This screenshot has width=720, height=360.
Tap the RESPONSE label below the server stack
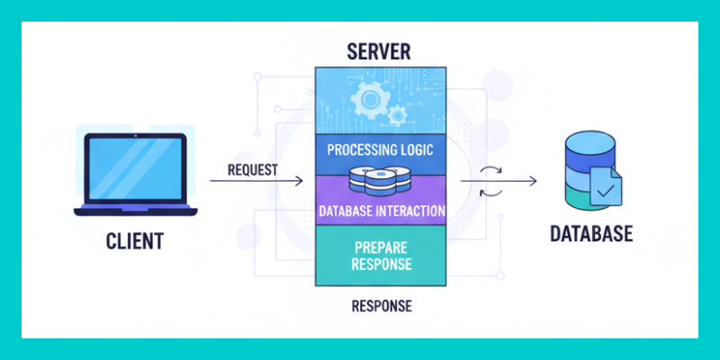381,306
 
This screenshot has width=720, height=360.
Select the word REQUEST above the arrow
253,169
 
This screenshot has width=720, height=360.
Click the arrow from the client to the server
256,182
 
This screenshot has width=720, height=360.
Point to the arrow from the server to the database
499,181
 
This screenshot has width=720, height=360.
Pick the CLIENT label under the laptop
135,241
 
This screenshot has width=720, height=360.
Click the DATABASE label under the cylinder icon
591,235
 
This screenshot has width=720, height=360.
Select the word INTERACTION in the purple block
410,211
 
